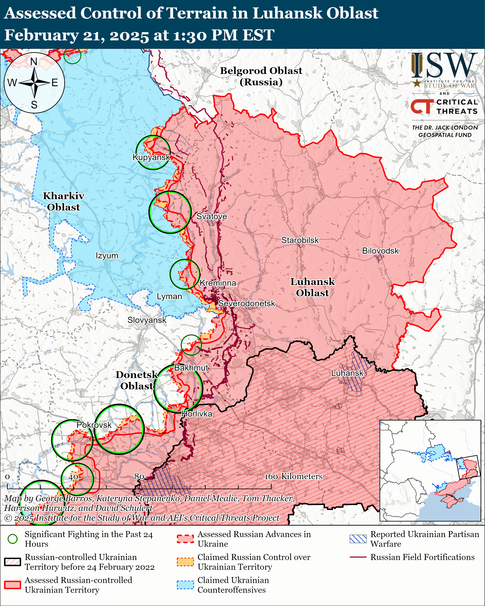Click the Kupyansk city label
coord(151,157)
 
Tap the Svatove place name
coord(211,216)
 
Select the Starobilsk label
coord(300,240)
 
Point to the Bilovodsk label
coord(380,251)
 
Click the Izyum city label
coord(107,256)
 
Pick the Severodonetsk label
coord(247,304)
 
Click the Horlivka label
coord(197,414)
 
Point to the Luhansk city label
coord(347,373)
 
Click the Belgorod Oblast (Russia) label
coord(261,76)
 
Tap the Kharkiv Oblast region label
coord(63,201)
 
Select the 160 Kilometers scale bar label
coord(293,476)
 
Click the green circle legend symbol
coord(12,539)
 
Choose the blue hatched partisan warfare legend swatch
coord(358,539)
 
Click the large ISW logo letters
coord(444,66)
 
